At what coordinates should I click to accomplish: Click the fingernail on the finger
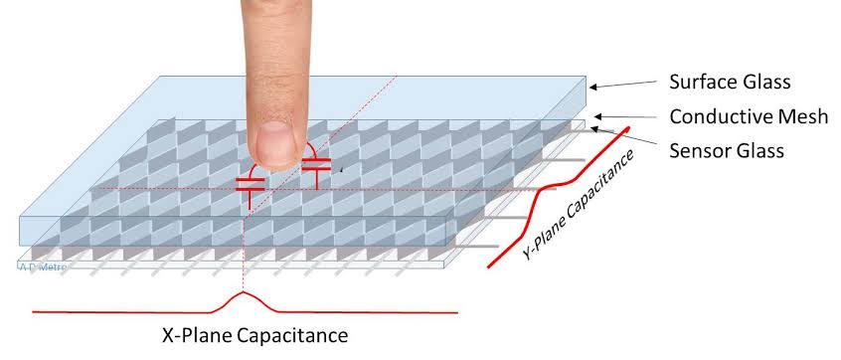(x=274, y=143)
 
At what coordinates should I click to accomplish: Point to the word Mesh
(x=804, y=117)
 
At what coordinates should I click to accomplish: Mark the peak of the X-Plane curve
(x=242, y=294)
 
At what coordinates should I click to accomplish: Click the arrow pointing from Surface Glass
(x=621, y=85)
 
